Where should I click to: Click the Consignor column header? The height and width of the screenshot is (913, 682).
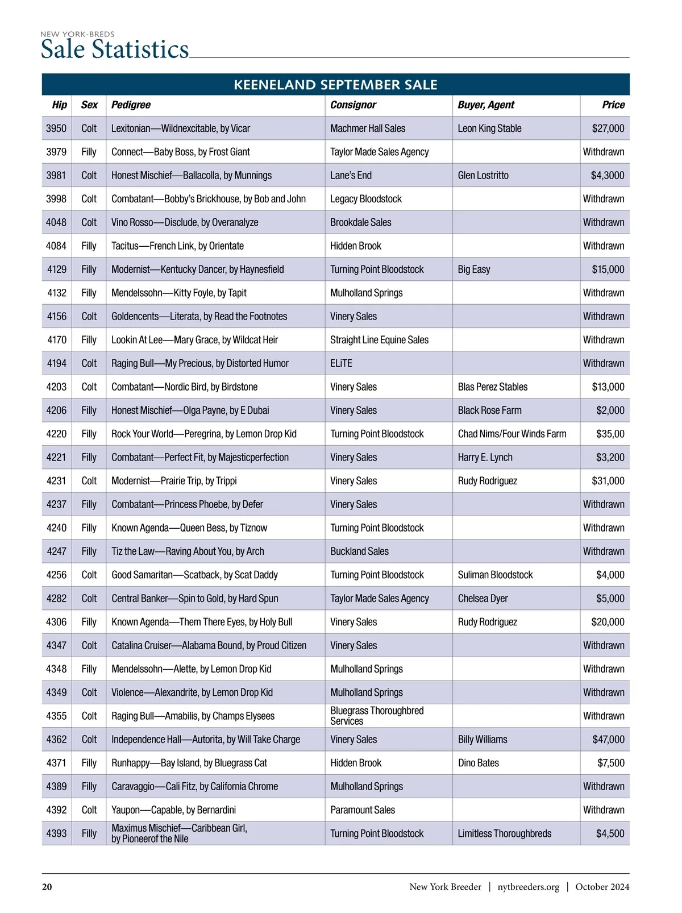point(353,105)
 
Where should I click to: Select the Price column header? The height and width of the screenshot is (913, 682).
point(613,105)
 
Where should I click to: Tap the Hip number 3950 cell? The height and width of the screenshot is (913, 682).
point(56,128)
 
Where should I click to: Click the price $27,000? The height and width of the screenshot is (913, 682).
point(608,128)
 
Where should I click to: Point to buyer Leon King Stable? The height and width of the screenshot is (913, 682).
point(489,128)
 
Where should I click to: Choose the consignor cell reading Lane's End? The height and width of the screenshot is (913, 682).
point(351,176)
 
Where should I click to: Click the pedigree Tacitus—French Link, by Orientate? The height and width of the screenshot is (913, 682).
point(177,246)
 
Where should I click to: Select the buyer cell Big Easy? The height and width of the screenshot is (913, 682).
point(473,269)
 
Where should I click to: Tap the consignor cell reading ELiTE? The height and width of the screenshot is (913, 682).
point(341,363)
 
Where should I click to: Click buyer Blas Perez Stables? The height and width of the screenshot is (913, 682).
point(492,387)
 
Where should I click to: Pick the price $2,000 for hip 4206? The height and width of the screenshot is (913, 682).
point(610,410)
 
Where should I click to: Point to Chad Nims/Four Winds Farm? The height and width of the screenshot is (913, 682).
point(511,434)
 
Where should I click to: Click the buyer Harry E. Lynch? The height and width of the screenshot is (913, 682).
point(485,458)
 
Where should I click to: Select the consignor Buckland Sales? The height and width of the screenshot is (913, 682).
point(359,551)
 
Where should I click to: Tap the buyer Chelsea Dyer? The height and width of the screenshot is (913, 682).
point(483,599)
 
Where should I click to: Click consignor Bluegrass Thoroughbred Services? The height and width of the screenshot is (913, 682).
point(377,716)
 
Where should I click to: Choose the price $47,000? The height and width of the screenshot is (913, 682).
point(608,740)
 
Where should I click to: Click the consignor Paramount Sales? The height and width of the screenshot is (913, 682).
point(362,810)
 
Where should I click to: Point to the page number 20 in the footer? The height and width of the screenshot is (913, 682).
point(47,887)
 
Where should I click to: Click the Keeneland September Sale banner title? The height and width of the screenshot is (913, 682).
point(335,85)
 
